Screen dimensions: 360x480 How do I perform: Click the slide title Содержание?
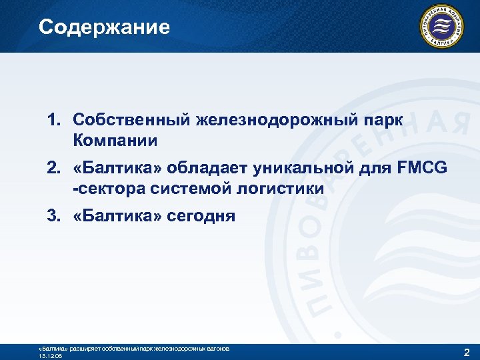click(x=104, y=27)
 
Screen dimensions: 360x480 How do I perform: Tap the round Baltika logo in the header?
click(x=440, y=27)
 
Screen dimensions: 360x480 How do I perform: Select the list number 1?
click(x=53, y=120)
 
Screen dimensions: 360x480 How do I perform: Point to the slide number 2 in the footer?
click(x=465, y=351)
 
